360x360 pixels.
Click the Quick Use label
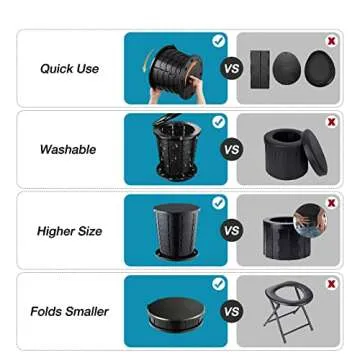(69, 69)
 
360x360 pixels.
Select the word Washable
(68, 150)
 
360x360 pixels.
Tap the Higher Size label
(70, 231)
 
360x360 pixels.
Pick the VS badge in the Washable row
(231, 150)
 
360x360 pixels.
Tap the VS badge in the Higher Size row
(231, 231)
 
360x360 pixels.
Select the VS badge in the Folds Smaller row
(231, 312)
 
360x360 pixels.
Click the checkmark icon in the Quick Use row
(218, 41)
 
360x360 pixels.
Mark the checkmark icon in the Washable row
(218, 122)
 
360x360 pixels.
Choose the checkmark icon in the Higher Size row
(218, 203)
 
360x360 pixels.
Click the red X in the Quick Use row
(331, 41)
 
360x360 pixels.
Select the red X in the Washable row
(331, 122)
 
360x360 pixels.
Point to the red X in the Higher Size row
(331, 203)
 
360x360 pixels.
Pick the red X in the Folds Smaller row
(331, 285)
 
